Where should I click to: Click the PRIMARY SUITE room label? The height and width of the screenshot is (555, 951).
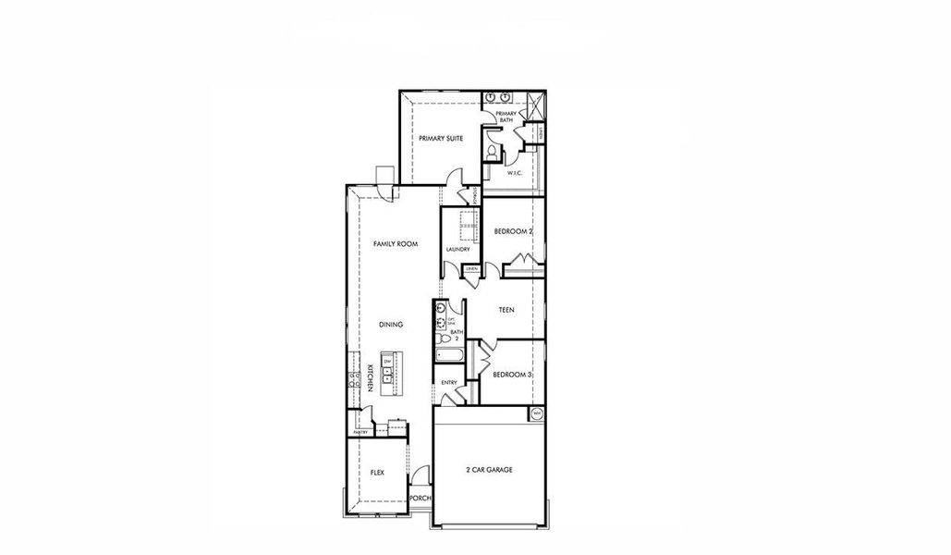(x=440, y=138)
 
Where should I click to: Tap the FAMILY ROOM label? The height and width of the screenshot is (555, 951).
(x=396, y=244)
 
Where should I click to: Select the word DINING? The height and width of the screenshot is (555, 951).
(x=392, y=325)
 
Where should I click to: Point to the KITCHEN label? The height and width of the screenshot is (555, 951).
(x=370, y=377)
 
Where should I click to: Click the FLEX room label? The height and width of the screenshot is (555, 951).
(x=377, y=473)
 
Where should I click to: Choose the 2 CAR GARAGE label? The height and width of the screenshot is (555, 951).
(x=489, y=470)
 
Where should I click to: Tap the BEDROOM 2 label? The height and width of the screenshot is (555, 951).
(x=513, y=231)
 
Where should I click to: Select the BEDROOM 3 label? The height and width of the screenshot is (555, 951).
(x=511, y=375)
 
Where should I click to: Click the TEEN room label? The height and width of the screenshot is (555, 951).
(x=506, y=311)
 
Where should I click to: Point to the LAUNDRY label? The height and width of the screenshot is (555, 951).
(x=457, y=250)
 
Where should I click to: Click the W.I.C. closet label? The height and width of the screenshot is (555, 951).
(x=515, y=173)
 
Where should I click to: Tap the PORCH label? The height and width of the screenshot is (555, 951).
(x=421, y=498)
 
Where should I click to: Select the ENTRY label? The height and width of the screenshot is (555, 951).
(x=449, y=382)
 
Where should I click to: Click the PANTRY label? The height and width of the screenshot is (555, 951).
(x=360, y=432)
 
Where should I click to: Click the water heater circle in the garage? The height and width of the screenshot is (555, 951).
(x=536, y=414)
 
